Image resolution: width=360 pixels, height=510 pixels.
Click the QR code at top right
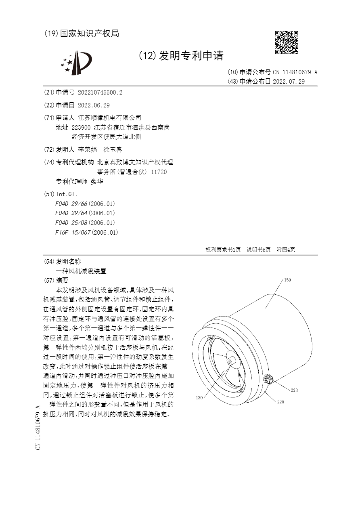pyautogui.click(x=286, y=42)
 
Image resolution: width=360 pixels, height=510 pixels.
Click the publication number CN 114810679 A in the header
pyautogui.click(x=295, y=72)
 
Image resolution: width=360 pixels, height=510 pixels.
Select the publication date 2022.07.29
pyautogui.click(x=289, y=81)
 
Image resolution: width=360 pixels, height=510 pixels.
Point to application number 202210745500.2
pyautogui.click(x=100, y=92)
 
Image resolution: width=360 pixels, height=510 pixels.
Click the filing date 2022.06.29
pyautogui.click(x=94, y=105)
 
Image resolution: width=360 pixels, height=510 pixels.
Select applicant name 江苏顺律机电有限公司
pyautogui.click(x=109, y=118)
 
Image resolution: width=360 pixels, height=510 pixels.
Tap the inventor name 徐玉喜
pyautogui.click(x=113, y=150)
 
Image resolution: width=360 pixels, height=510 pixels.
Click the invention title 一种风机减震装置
pyautogui.click(x=81, y=271)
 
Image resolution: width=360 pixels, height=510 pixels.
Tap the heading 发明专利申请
pyautogui.click(x=191, y=56)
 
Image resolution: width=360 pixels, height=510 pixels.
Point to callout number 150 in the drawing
pyautogui.click(x=287, y=280)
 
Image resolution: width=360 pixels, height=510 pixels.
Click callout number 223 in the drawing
pyautogui.click(x=294, y=390)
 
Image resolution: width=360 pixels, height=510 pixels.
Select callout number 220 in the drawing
pyautogui.click(x=280, y=402)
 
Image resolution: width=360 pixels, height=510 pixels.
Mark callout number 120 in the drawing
pyautogui.click(x=199, y=398)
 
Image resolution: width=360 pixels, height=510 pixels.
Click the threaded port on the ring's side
pyautogui.click(x=268, y=380)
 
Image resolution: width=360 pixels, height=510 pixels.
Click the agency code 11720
pyautogui.click(x=159, y=172)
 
